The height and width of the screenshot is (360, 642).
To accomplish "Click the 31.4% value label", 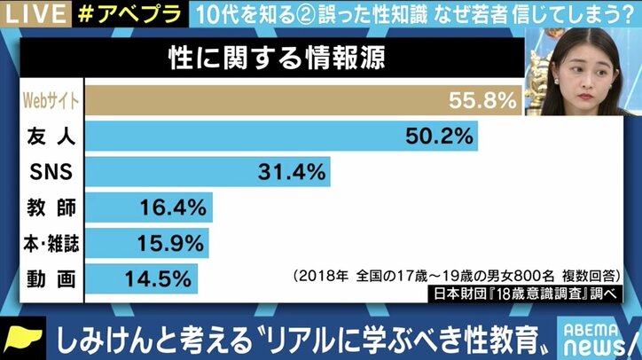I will (293, 172).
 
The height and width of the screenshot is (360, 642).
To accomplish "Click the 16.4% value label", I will (174, 207).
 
